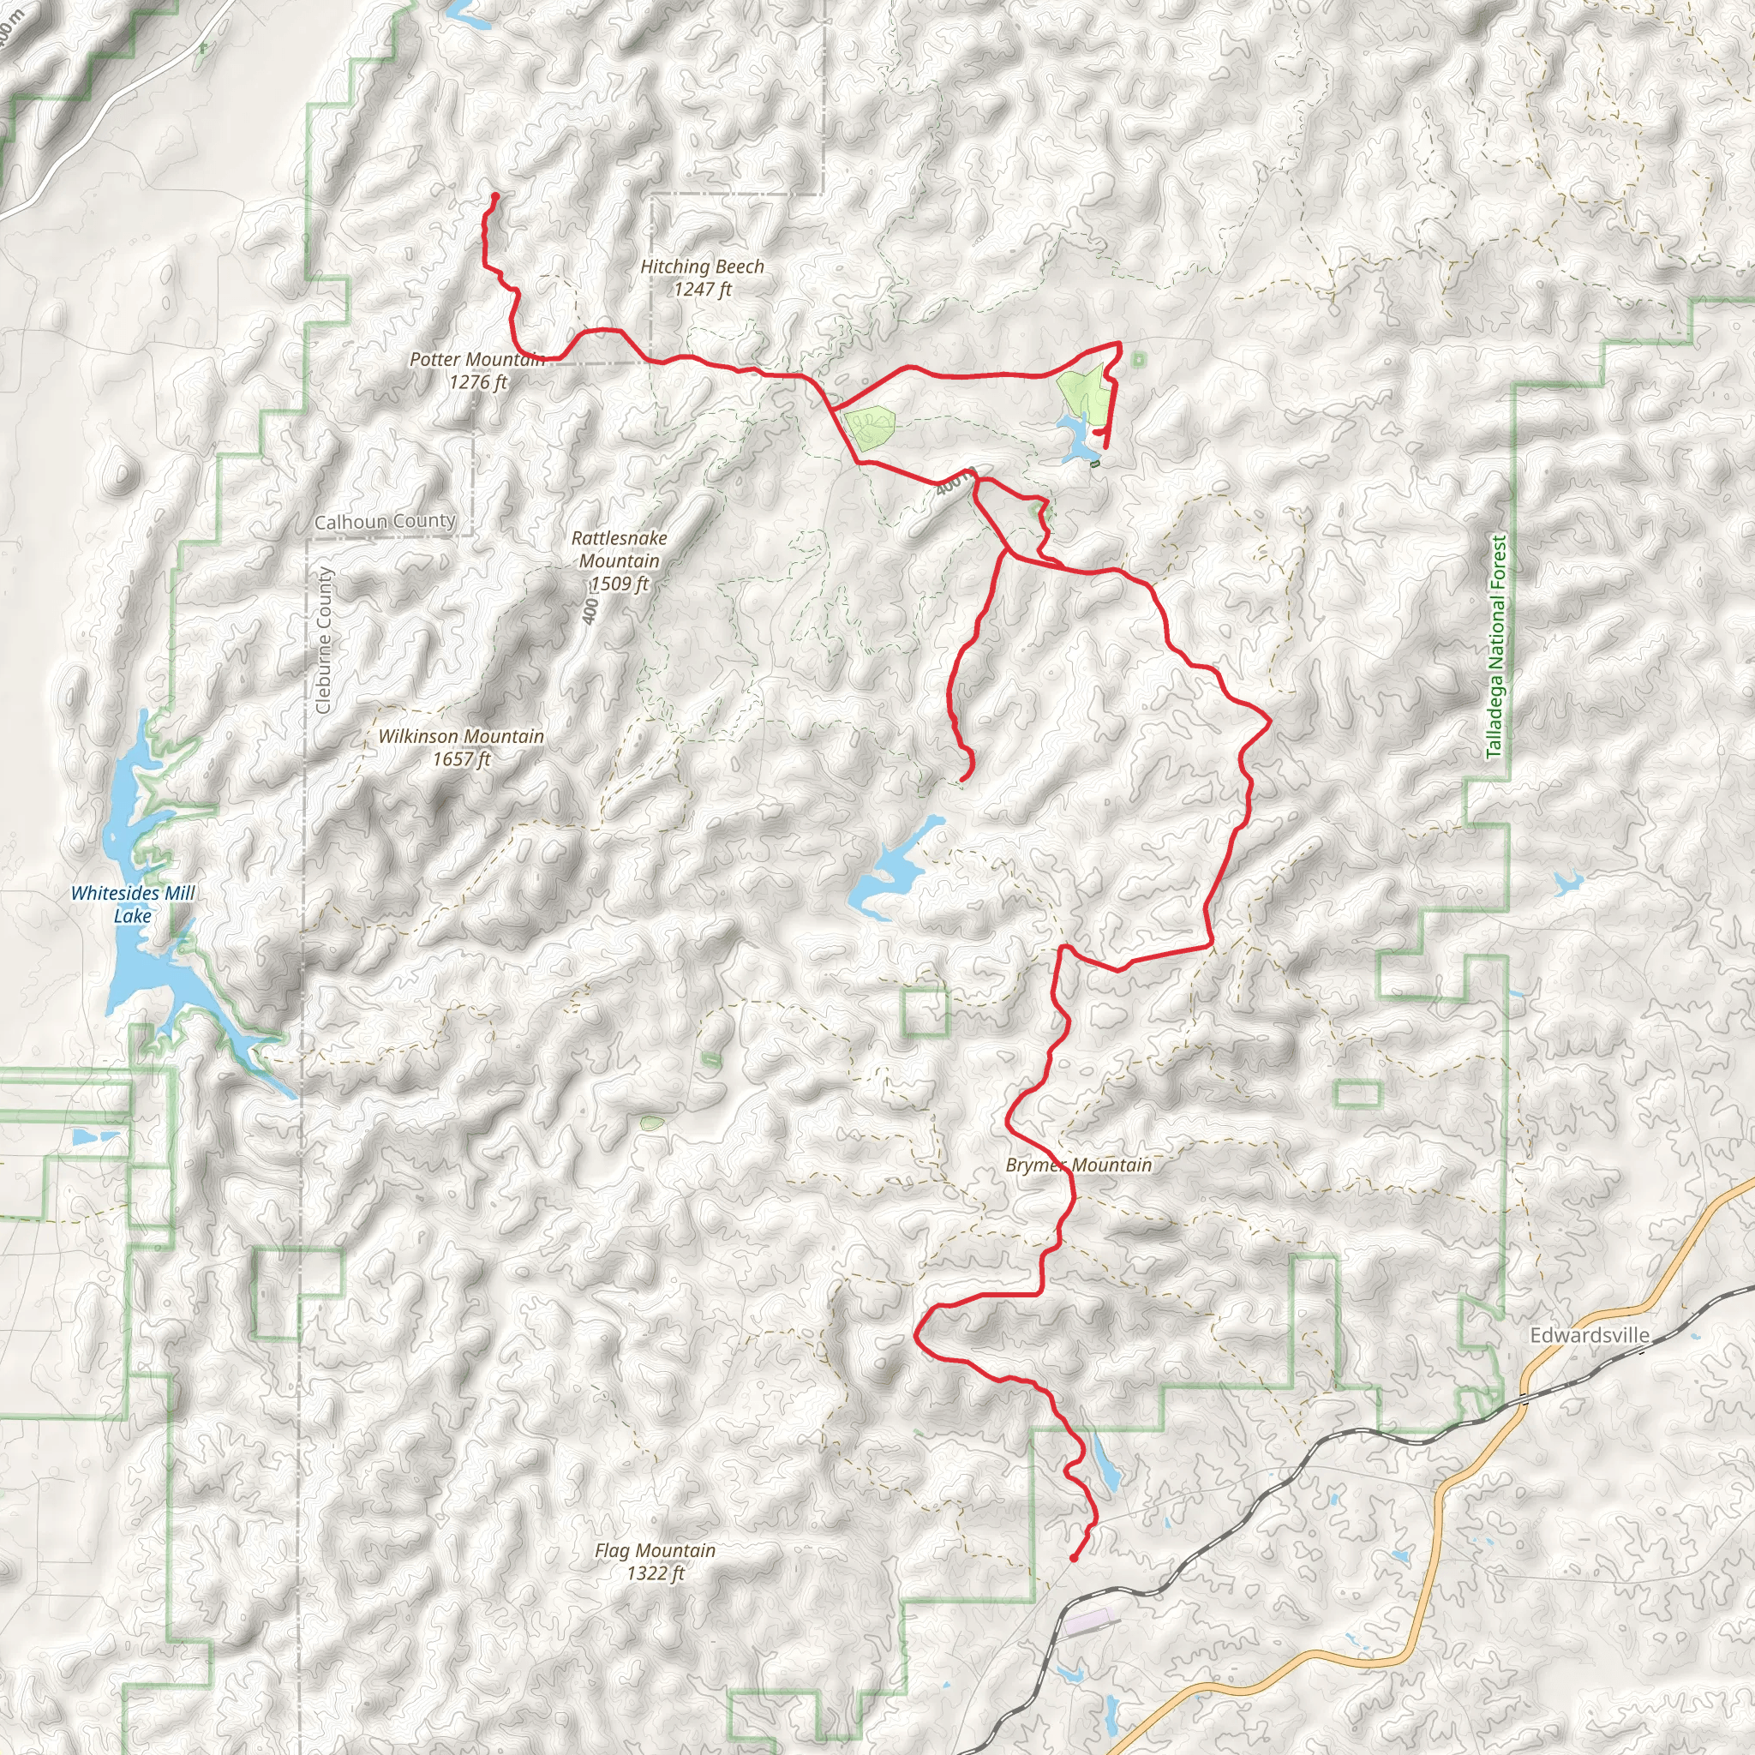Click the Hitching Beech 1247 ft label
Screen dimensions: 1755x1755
[702, 278]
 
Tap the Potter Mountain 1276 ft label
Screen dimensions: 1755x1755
[477, 370]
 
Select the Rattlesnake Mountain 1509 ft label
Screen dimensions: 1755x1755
[620, 560]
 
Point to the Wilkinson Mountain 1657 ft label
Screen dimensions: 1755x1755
[462, 746]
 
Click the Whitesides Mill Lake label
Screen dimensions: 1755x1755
[133, 904]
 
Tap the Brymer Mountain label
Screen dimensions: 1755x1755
[1078, 1165]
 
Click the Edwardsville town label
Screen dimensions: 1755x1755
[1590, 1335]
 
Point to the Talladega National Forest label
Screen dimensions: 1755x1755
[1496, 646]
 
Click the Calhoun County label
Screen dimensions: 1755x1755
[384, 521]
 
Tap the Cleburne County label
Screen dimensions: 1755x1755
[323, 639]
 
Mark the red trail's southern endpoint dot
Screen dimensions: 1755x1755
[1074, 1558]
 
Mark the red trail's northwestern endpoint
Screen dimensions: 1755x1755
[495, 195]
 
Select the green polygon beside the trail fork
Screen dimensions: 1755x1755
[868, 429]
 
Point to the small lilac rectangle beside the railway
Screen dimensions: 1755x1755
[1088, 1619]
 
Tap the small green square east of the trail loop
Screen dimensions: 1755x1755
[1139, 361]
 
